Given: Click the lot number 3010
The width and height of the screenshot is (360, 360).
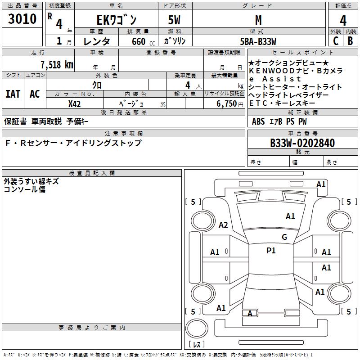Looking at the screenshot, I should click(22, 19).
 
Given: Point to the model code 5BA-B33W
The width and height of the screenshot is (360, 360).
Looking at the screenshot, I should click(258, 41).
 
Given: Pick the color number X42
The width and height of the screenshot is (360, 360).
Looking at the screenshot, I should click(74, 103).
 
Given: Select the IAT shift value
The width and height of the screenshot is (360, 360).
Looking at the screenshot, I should click(13, 94).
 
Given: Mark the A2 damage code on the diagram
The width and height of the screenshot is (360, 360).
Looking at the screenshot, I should click(223, 225).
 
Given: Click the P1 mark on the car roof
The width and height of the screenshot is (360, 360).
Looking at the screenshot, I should click(271, 251).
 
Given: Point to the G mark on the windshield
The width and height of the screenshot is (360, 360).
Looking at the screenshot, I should click(284, 237).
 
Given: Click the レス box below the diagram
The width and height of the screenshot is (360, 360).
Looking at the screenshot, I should click(198, 344).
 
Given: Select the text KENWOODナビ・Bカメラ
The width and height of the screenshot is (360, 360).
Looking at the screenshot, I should click(295, 71).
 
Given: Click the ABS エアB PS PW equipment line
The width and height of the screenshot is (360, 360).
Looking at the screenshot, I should click(279, 121).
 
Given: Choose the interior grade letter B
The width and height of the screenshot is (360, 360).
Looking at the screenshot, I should click(350, 41).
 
